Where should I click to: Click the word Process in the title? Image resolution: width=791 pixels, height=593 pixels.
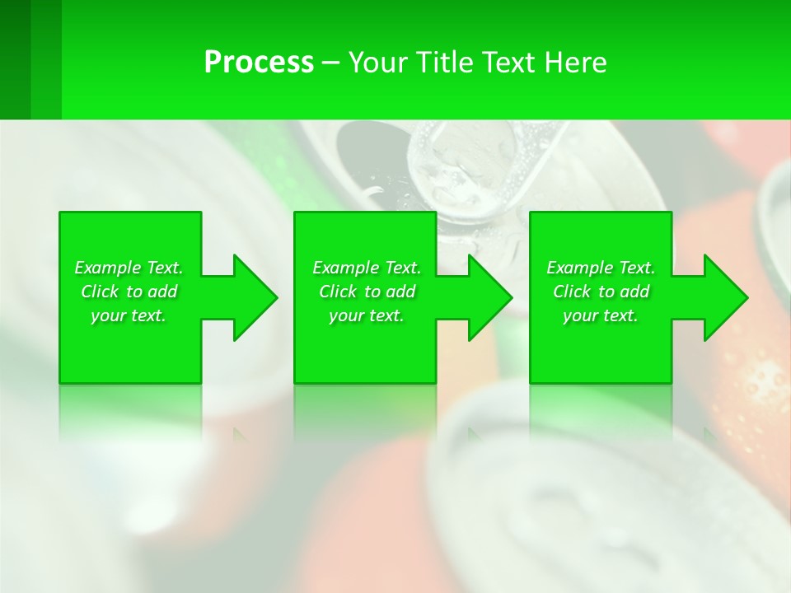tap(259, 63)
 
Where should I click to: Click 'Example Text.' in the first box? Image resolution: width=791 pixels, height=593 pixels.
tap(129, 268)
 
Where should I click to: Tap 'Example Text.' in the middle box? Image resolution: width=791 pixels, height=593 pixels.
tap(367, 268)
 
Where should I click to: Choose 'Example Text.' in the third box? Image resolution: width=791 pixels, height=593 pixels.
tap(601, 268)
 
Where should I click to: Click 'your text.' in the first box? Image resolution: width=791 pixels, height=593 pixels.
tap(129, 315)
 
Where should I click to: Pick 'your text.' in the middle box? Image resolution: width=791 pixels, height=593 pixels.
tap(367, 315)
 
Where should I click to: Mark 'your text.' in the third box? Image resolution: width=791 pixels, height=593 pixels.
tap(601, 315)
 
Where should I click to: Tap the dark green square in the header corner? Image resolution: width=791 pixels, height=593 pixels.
tap(15, 59)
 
